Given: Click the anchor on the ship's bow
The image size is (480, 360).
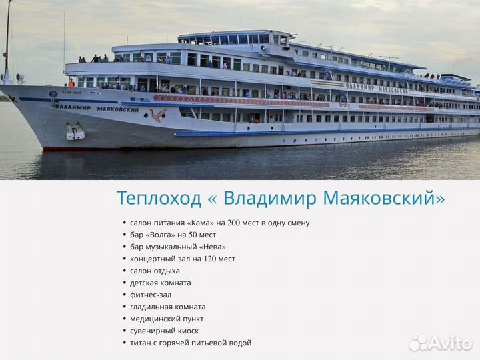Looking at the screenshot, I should tap(75, 132).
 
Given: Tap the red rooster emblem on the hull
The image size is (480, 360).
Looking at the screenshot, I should tap(157, 116).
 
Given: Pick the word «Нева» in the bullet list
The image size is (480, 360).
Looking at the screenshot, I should tap(201, 247).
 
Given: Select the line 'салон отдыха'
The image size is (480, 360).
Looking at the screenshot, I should tap(155, 271).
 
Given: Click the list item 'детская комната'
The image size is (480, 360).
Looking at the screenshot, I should tap(160, 283).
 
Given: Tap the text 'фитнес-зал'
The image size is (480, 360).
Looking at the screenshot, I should tap(151, 295).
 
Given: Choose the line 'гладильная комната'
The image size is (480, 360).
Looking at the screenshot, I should tap(167, 307).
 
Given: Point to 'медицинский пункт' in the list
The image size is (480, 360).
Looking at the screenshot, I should tap(167, 319).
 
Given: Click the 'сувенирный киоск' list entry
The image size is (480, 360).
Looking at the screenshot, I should tap(164, 331).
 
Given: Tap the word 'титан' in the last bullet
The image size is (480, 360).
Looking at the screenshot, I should tap(141, 343).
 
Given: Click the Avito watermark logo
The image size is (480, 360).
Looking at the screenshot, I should tap(441, 343).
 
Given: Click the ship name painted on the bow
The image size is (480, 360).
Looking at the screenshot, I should tap(97, 107).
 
